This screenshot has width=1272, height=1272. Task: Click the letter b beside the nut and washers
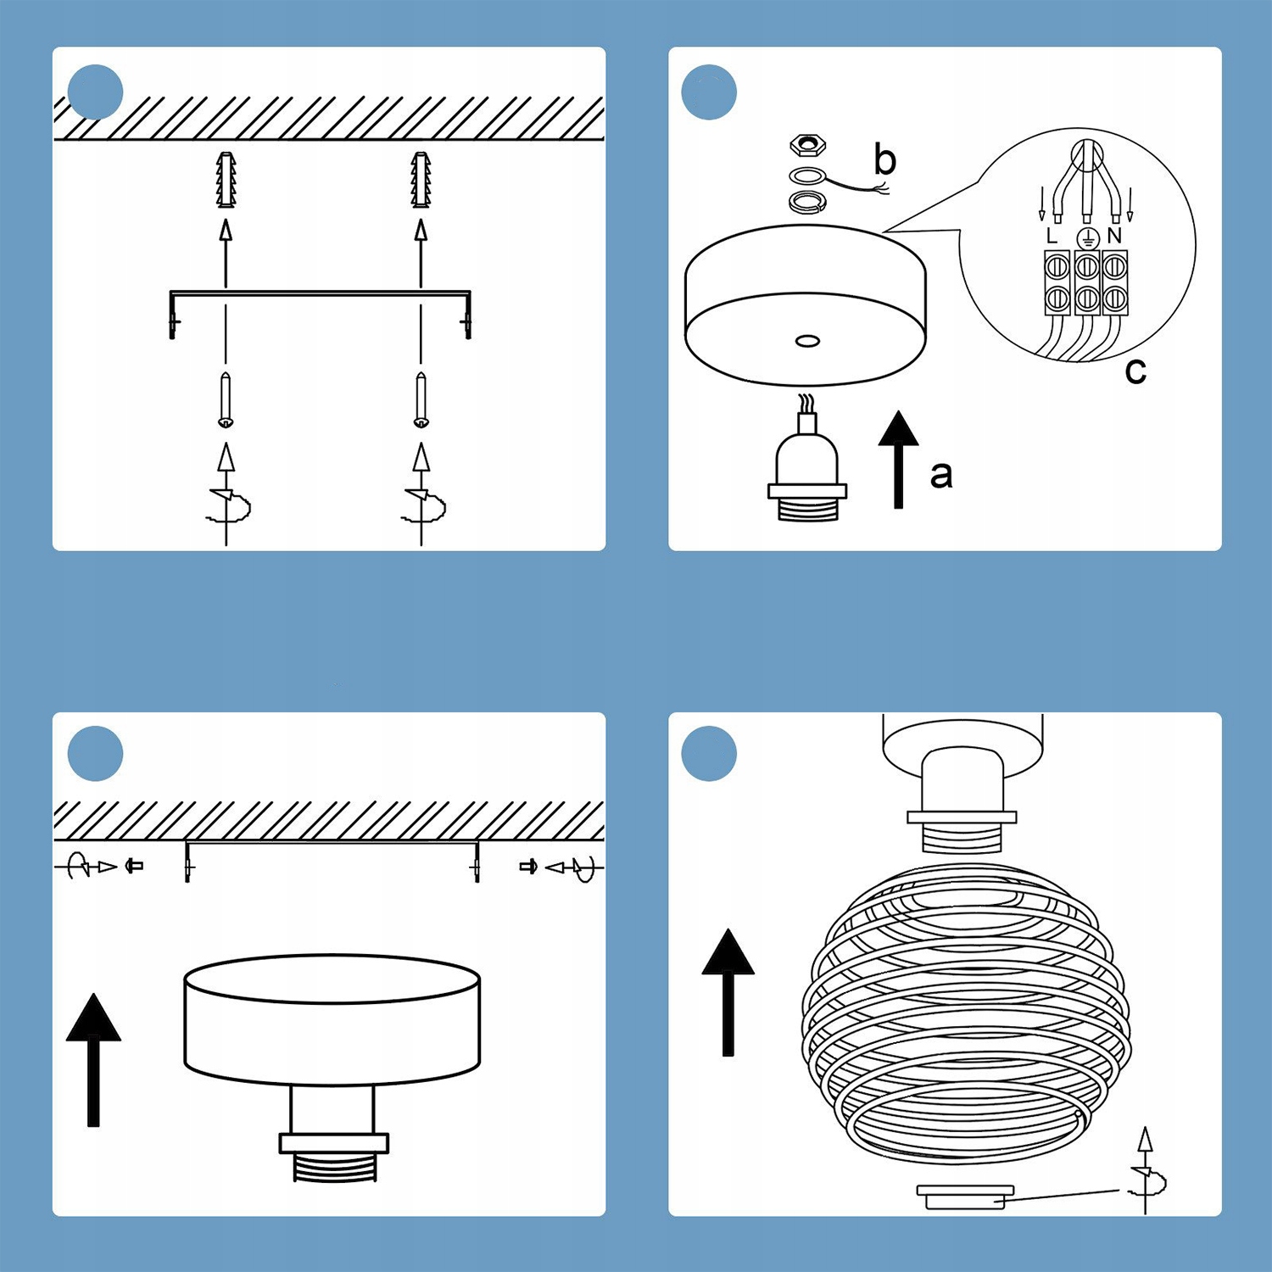coord(884,159)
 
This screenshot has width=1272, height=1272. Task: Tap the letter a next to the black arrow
coord(941,475)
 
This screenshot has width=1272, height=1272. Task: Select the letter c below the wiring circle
coord(1135,371)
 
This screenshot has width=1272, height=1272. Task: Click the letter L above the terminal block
coord(1052,236)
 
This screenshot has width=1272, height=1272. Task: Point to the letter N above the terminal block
coord(1114,236)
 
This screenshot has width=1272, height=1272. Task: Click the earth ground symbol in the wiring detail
coord(1086,237)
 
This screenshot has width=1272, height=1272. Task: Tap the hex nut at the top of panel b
coord(806,145)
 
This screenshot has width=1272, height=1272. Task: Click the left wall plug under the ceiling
coord(226,179)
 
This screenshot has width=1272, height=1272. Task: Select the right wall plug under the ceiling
coord(421,179)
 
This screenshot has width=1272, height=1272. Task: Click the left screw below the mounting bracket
coord(226,399)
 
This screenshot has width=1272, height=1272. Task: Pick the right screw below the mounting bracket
coord(421,399)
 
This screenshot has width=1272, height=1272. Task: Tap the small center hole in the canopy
coord(807,341)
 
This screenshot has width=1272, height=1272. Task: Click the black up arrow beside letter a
coord(898,458)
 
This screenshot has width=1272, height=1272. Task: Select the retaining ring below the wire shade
coord(965,1196)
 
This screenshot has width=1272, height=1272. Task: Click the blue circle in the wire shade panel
coord(709,753)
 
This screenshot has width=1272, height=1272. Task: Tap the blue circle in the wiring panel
coord(709,92)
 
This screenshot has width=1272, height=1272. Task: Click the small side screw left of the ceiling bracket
coord(134,866)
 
